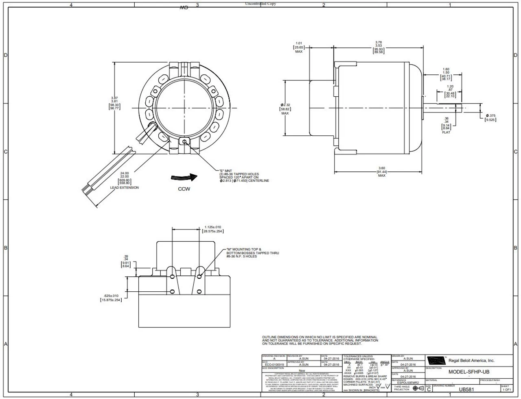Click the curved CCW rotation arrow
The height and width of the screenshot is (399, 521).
pyautogui.click(x=184, y=178)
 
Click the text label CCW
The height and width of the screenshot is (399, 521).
pyautogui.click(x=184, y=189)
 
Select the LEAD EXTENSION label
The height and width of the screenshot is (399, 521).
pyautogui.click(x=124, y=188)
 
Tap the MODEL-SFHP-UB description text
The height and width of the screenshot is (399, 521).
pyautogui.click(x=468, y=372)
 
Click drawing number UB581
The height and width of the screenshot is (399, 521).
pyautogui.click(x=466, y=389)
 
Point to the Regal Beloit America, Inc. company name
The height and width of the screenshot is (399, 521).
pyautogui.click(x=471, y=360)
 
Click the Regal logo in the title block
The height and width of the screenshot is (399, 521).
pyautogui.click(x=436, y=360)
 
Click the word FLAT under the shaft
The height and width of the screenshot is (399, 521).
pyautogui.click(x=446, y=132)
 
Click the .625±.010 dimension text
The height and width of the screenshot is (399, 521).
pyautogui.click(x=111, y=297)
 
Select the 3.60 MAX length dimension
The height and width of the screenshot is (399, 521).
pyautogui.click(x=381, y=172)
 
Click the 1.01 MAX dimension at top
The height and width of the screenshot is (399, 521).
pyautogui.click(x=299, y=47)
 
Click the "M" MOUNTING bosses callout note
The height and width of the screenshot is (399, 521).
pyautogui.click(x=252, y=253)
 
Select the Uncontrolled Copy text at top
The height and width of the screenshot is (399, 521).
pyautogui.click(x=260, y=4)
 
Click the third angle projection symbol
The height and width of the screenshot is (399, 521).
pyautogui.click(x=418, y=388)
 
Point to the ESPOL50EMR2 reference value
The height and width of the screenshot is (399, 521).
pyautogui.click(x=407, y=382)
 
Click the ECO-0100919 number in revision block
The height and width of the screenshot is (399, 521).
pyautogui.click(x=274, y=365)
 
